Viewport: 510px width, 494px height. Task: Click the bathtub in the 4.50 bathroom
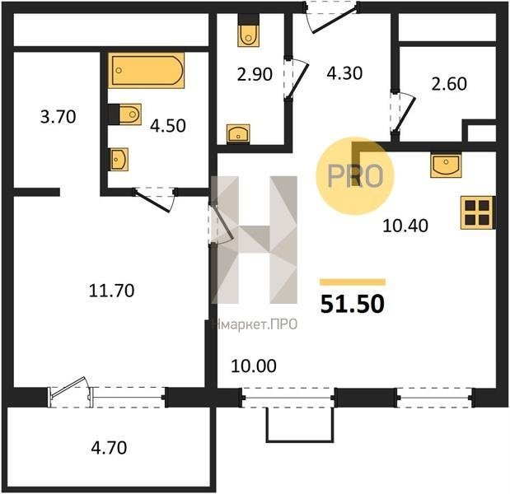(x=147, y=70)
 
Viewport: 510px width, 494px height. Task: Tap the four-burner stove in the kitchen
(x=478, y=213)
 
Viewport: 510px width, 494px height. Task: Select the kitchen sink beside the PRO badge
(x=446, y=165)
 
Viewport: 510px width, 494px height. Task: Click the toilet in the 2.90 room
(x=249, y=31)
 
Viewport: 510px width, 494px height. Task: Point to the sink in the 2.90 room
(x=238, y=134)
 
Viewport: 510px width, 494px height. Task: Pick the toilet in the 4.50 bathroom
(x=125, y=114)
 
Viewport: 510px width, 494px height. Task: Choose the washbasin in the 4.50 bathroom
(x=118, y=159)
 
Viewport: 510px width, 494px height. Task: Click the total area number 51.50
(x=353, y=304)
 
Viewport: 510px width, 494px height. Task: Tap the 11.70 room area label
(x=111, y=291)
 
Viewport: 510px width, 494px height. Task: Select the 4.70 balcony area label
(x=109, y=448)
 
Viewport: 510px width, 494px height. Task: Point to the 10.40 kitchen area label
(x=405, y=226)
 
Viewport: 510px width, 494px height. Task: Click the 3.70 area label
(x=58, y=117)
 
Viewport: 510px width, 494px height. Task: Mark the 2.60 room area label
(x=449, y=84)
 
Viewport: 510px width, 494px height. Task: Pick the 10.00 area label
(x=254, y=366)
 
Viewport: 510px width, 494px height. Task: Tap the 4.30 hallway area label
(x=344, y=73)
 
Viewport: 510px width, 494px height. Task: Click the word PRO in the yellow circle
(x=355, y=176)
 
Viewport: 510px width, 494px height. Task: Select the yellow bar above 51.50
(x=353, y=282)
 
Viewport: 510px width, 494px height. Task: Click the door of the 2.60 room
(x=405, y=113)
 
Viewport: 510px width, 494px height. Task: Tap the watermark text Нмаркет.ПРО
(x=255, y=324)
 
